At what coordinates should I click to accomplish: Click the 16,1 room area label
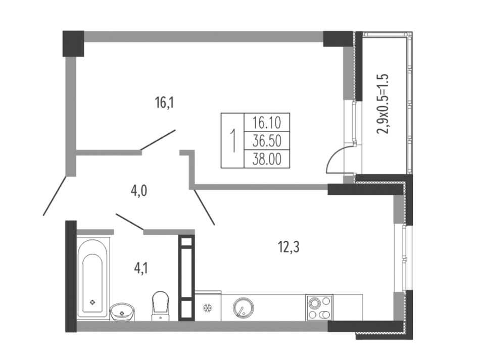[x=164, y=103]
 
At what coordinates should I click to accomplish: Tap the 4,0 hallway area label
[x=138, y=191]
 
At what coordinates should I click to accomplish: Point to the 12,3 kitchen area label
[x=289, y=247]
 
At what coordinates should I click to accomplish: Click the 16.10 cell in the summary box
[x=267, y=123]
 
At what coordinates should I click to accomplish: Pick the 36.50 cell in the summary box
[x=267, y=141]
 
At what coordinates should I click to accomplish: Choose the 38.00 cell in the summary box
[x=267, y=159]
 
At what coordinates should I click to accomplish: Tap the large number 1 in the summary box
[x=233, y=141]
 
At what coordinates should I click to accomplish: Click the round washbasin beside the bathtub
[x=122, y=312]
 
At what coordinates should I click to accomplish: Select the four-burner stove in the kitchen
[x=319, y=307]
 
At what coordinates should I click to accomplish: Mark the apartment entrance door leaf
[x=55, y=195]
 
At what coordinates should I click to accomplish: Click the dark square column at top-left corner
[x=73, y=43]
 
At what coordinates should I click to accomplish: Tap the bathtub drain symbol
[x=92, y=302]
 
